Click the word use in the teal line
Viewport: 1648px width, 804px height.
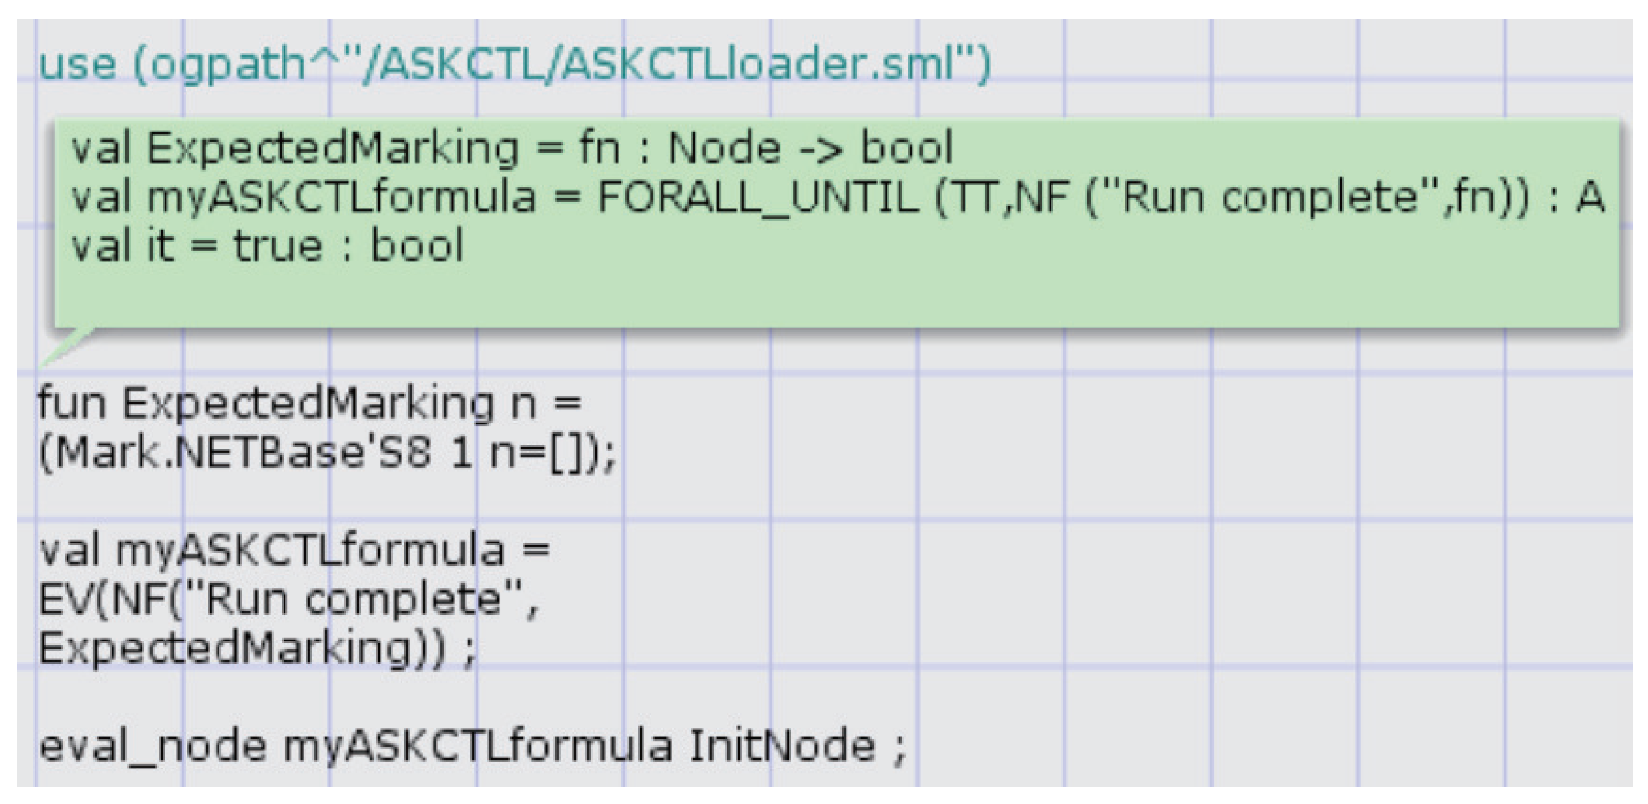point(78,65)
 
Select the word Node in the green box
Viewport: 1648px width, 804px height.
point(724,148)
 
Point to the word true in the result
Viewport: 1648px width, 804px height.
point(277,246)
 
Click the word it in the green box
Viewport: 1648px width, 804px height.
point(160,246)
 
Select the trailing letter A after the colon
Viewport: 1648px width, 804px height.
point(1590,197)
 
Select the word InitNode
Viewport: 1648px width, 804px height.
point(781,745)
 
